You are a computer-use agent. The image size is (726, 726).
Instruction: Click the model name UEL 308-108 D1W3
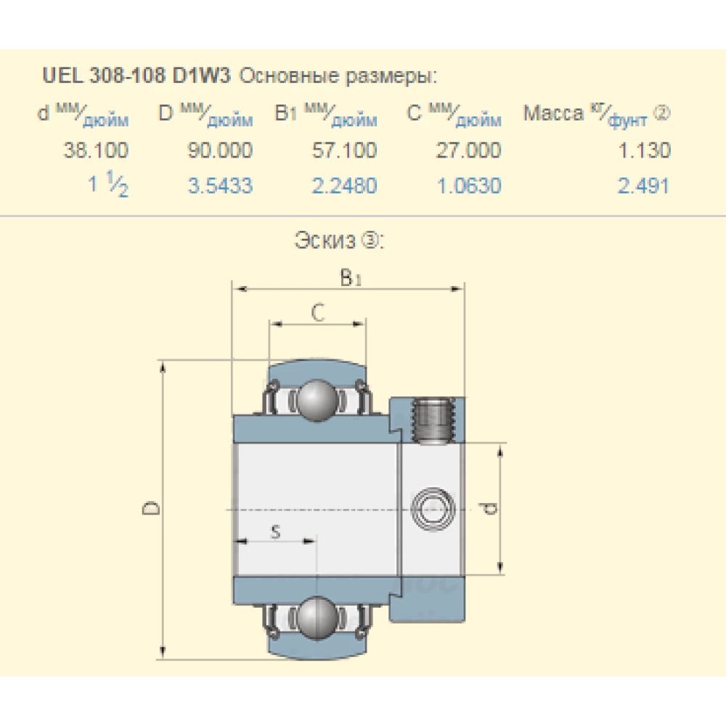tap(136, 75)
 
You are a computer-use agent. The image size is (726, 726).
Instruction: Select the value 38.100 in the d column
tap(96, 150)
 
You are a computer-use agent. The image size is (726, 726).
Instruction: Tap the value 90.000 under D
tap(220, 150)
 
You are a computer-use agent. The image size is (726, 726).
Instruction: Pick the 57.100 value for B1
tap(344, 150)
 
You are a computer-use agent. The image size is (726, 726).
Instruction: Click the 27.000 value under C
tap(468, 150)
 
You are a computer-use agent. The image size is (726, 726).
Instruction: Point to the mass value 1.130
tap(645, 150)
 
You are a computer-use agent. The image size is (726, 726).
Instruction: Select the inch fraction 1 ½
tap(108, 184)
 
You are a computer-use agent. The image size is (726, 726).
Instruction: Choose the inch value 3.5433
tap(221, 186)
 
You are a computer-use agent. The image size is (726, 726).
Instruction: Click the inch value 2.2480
tap(344, 186)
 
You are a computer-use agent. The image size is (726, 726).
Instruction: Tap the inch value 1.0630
tap(469, 186)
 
